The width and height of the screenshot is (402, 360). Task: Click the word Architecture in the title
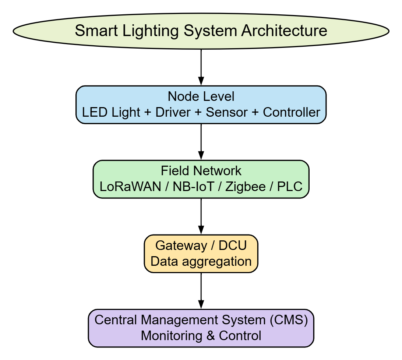(284, 30)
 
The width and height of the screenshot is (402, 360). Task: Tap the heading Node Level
(201, 96)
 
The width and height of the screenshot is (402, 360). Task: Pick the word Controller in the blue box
(291, 112)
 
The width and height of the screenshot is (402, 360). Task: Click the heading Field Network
(201, 171)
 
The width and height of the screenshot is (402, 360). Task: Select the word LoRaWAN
(130, 187)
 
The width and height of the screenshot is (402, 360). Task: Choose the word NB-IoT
(191, 187)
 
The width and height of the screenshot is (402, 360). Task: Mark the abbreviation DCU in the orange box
(233, 245)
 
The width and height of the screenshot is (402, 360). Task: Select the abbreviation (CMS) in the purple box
(288, 320)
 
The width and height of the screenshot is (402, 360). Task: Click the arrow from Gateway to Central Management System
(201, 290)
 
